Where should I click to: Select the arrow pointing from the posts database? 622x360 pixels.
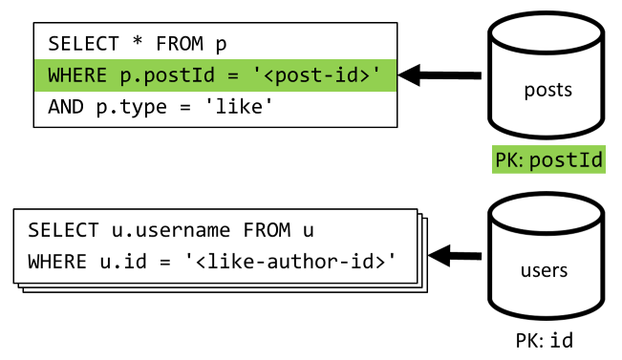[440, 74]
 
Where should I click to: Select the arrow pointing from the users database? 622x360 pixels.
[454, 255]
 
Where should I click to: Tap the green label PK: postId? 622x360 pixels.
[548, 159]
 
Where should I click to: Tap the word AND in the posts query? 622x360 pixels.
[64, 107]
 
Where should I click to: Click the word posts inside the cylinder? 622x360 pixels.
[547, 91]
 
